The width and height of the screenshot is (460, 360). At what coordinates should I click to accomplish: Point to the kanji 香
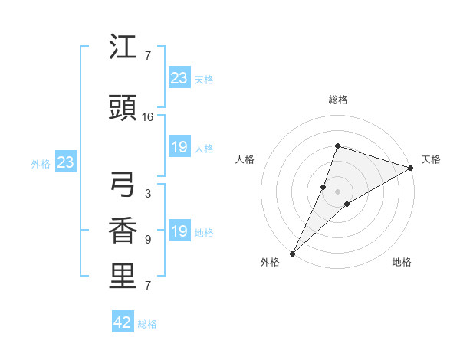coord(123,231)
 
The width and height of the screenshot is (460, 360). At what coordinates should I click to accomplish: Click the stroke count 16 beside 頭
coord(148,117)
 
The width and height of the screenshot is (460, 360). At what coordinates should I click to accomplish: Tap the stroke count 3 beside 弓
coord(148,193)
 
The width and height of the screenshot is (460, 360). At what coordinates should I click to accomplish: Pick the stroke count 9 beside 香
coord(148,239)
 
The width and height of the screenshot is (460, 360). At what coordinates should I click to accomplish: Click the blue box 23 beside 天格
coord(179,78)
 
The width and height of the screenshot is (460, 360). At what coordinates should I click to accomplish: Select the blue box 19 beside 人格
coord(179,147)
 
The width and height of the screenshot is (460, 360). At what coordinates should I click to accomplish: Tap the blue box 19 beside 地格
coord(179,231)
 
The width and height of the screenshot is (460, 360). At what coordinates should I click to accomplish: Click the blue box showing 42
coord(123,322)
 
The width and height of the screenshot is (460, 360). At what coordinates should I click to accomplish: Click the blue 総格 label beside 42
coord(147,324)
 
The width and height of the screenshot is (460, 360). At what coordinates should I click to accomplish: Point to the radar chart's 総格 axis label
coord(337,100)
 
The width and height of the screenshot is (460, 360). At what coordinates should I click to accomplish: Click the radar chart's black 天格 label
coord(431,159)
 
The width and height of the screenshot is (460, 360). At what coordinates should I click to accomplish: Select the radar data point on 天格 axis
coord(411,168)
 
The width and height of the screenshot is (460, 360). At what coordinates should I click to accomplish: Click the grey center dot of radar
coord(337,191)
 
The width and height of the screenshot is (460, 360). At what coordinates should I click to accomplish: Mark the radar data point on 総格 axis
coord(337,146)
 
